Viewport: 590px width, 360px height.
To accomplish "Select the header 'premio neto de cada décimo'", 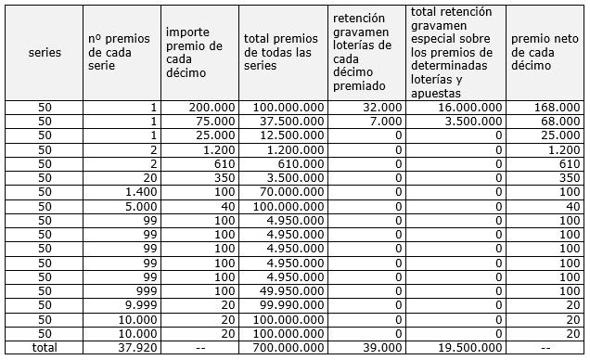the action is pos(545,52).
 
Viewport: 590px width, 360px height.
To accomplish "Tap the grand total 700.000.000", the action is pos(291,348).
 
